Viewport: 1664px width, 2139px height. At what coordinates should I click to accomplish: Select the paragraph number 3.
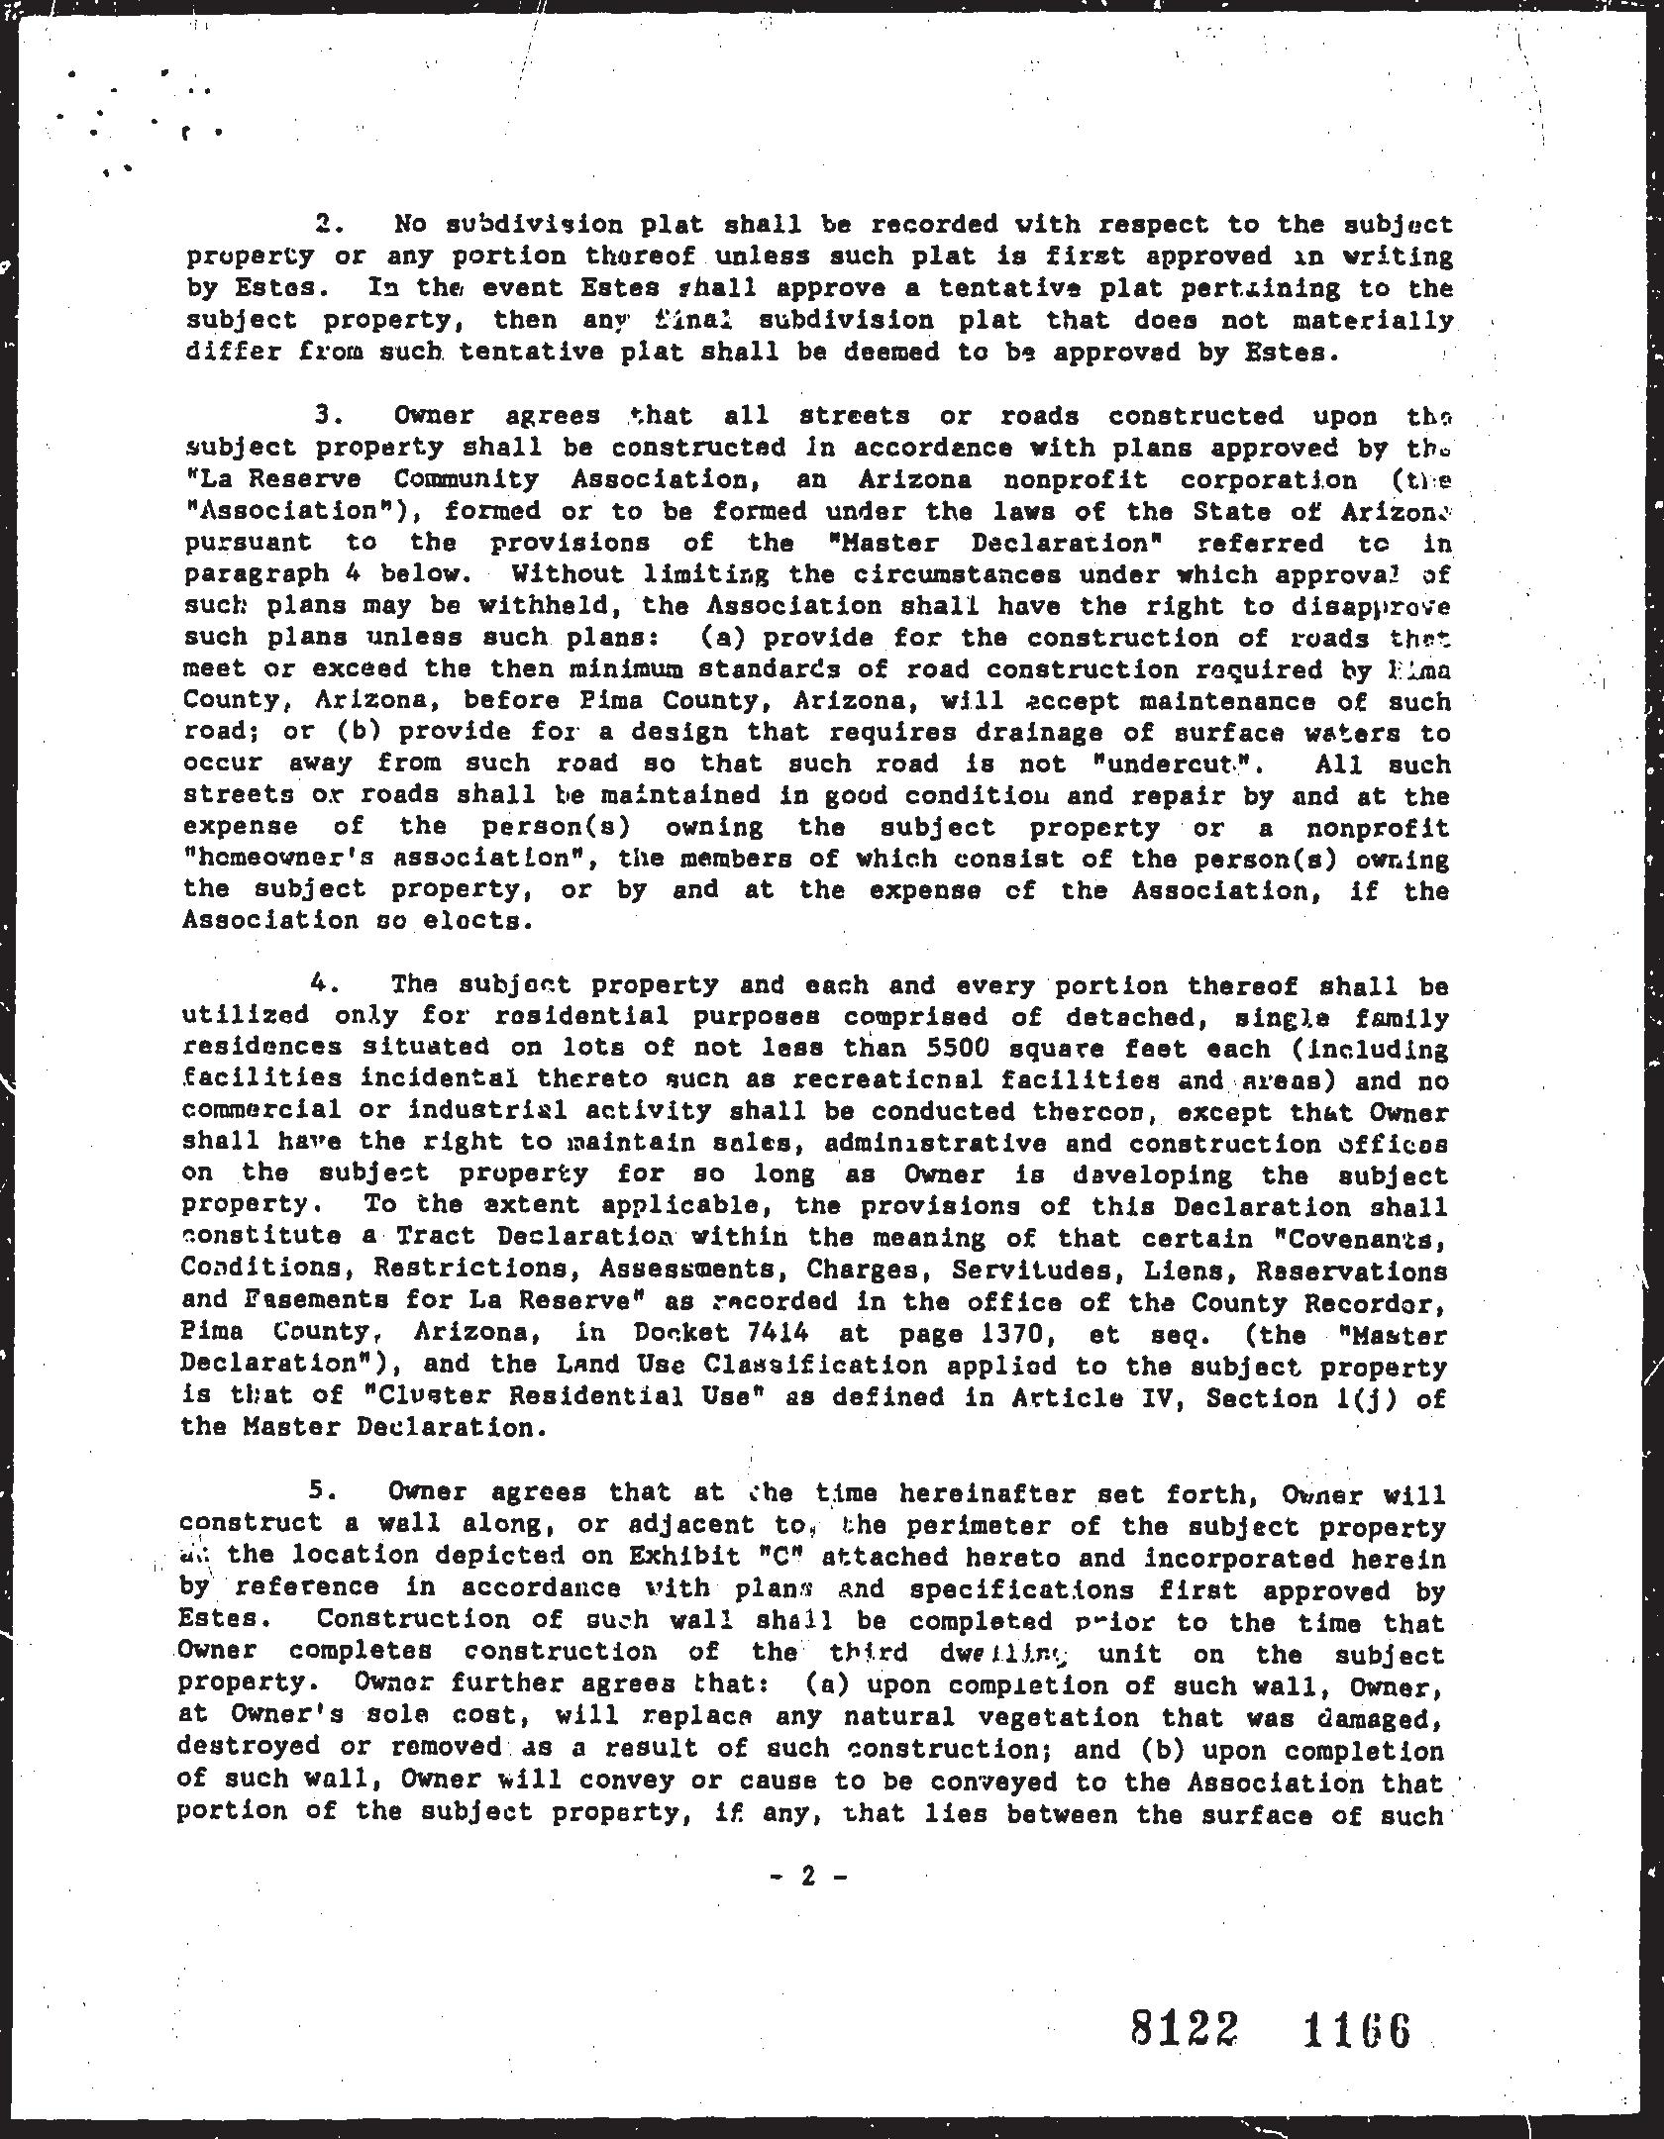[328, 415]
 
